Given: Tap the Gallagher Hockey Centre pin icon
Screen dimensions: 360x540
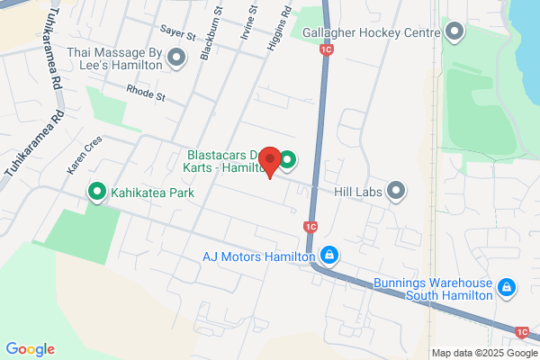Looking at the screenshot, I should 454,33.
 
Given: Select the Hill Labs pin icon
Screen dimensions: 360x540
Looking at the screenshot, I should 397,190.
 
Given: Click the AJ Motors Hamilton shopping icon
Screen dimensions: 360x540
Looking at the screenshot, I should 330,256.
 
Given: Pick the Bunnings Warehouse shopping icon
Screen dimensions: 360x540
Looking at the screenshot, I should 507,287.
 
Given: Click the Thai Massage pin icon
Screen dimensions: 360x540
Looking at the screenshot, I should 176,58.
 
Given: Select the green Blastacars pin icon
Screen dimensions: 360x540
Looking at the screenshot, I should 287,161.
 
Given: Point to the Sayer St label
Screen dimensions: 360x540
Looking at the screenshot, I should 179,32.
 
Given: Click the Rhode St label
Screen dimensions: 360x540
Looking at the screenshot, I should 147,92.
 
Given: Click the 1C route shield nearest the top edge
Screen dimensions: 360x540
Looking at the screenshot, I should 326,51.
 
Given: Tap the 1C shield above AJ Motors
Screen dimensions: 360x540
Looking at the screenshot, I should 310,227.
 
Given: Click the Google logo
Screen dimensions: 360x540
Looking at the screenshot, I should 30,349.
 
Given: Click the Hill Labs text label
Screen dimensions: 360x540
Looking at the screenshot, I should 359,190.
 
